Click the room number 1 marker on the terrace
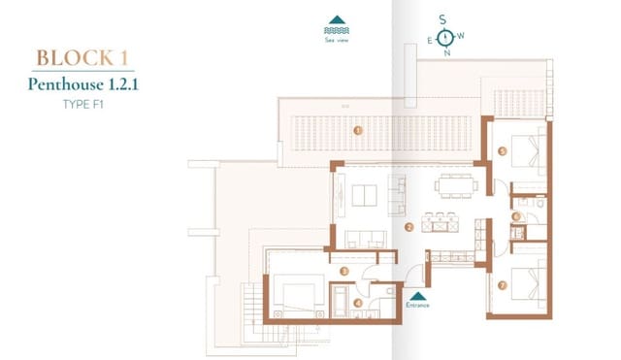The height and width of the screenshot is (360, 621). [x=358, y=130]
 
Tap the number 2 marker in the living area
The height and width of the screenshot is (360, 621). [x=409, y=228]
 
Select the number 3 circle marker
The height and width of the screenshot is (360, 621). [x=344, y=271]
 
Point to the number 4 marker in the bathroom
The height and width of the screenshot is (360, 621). [x=358, y=302]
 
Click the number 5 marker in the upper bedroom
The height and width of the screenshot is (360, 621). [x=502, y=151]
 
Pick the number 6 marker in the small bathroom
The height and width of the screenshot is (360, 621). [x=517, y=216]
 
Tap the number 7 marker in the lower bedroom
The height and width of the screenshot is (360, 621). [x=502, y=286]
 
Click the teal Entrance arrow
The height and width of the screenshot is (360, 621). [x=417, y=296]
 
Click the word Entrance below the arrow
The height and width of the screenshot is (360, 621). [x=417, y=307]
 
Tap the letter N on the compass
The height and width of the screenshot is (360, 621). [x=446, y=53]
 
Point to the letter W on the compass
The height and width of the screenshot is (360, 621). [x=462, y=36]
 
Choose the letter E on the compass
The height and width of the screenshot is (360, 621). [x=429, y=41]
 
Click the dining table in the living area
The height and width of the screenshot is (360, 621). [x=451, y=185]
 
